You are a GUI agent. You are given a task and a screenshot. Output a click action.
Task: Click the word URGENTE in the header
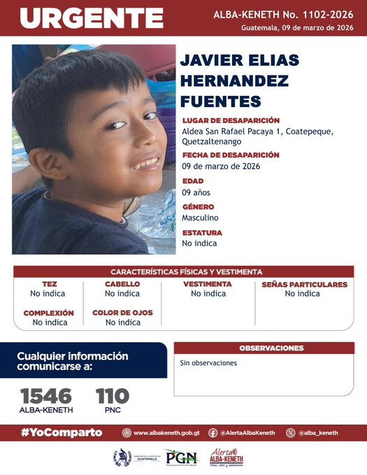[x=91, y=18]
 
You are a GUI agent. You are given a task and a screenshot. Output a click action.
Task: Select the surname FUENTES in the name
[x=220, y=101]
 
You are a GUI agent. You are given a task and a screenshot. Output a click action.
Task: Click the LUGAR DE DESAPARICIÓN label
[x=231, y=120]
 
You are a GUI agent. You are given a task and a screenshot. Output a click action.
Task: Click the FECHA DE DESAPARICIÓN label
[x=231, y=155]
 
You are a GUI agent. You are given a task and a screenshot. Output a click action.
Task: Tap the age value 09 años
[x=196, y=192]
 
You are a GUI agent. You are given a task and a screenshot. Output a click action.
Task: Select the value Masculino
[x=200, y=218]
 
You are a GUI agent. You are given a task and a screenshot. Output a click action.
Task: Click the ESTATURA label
[x=202, y=232]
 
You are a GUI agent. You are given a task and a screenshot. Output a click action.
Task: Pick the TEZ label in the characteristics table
[x=49, y=284]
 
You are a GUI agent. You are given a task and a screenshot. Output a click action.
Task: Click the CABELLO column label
[x=122, y=284]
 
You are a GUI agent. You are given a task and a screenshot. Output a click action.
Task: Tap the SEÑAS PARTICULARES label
[x=304, y=284]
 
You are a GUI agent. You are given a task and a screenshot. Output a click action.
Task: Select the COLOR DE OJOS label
[x=122, y=313]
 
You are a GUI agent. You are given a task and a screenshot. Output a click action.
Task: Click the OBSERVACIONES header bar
[x=271, y=348]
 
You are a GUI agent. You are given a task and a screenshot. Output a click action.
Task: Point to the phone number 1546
[x=45, y=395]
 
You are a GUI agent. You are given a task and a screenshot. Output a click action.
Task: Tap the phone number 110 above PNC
[x=112, y=395]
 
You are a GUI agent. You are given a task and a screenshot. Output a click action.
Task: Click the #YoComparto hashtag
[x=62, y=432]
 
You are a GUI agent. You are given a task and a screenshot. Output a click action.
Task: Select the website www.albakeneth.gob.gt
[x=166, y=432]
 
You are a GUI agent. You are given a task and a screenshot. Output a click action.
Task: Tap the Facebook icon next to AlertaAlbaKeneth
[x=213, y=432]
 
